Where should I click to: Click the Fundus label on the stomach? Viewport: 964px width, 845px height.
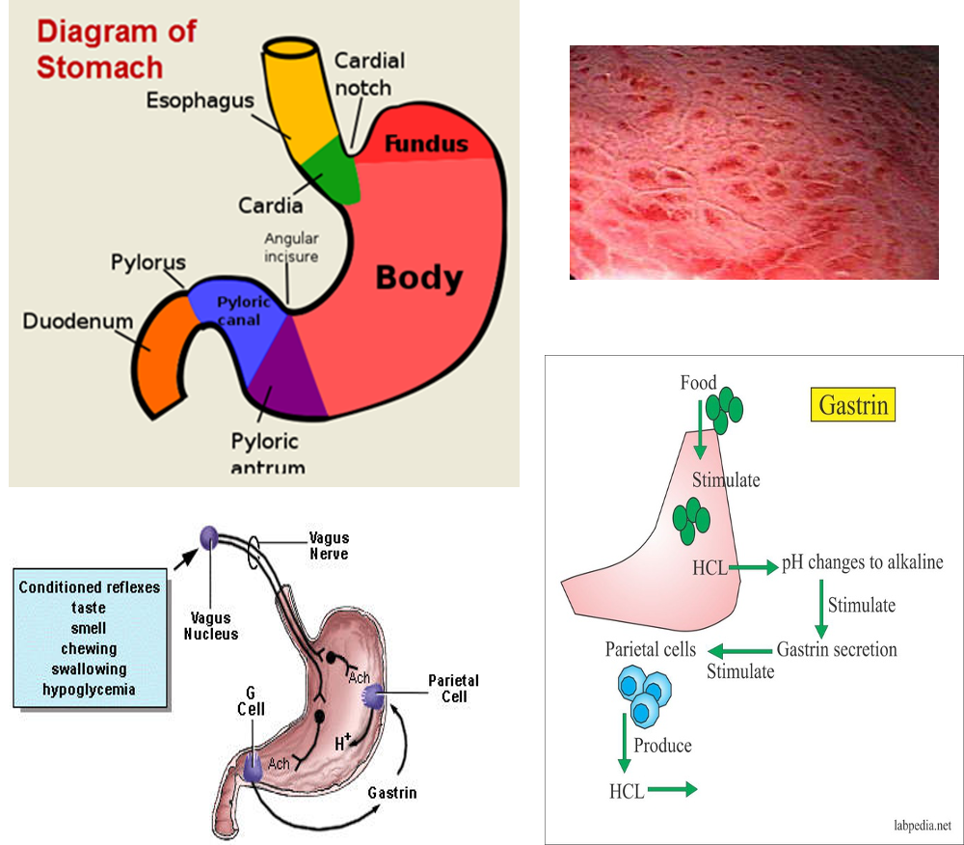(x=426, y=146)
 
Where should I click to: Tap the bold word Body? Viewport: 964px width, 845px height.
(x=418, y=278)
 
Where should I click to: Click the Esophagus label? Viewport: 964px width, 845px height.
(x=201, y=100)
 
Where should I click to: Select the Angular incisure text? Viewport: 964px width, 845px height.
(x=291, y=248)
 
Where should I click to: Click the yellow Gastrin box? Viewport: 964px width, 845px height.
(x=854, y=405)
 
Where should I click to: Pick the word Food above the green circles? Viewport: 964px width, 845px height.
(x=698, y=383)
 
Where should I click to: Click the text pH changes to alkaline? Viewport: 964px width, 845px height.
(x=862, y=562)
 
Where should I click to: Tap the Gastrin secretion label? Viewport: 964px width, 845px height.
(x=837, y=649)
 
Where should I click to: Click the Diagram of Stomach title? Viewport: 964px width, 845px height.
(x=116, y=48)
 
